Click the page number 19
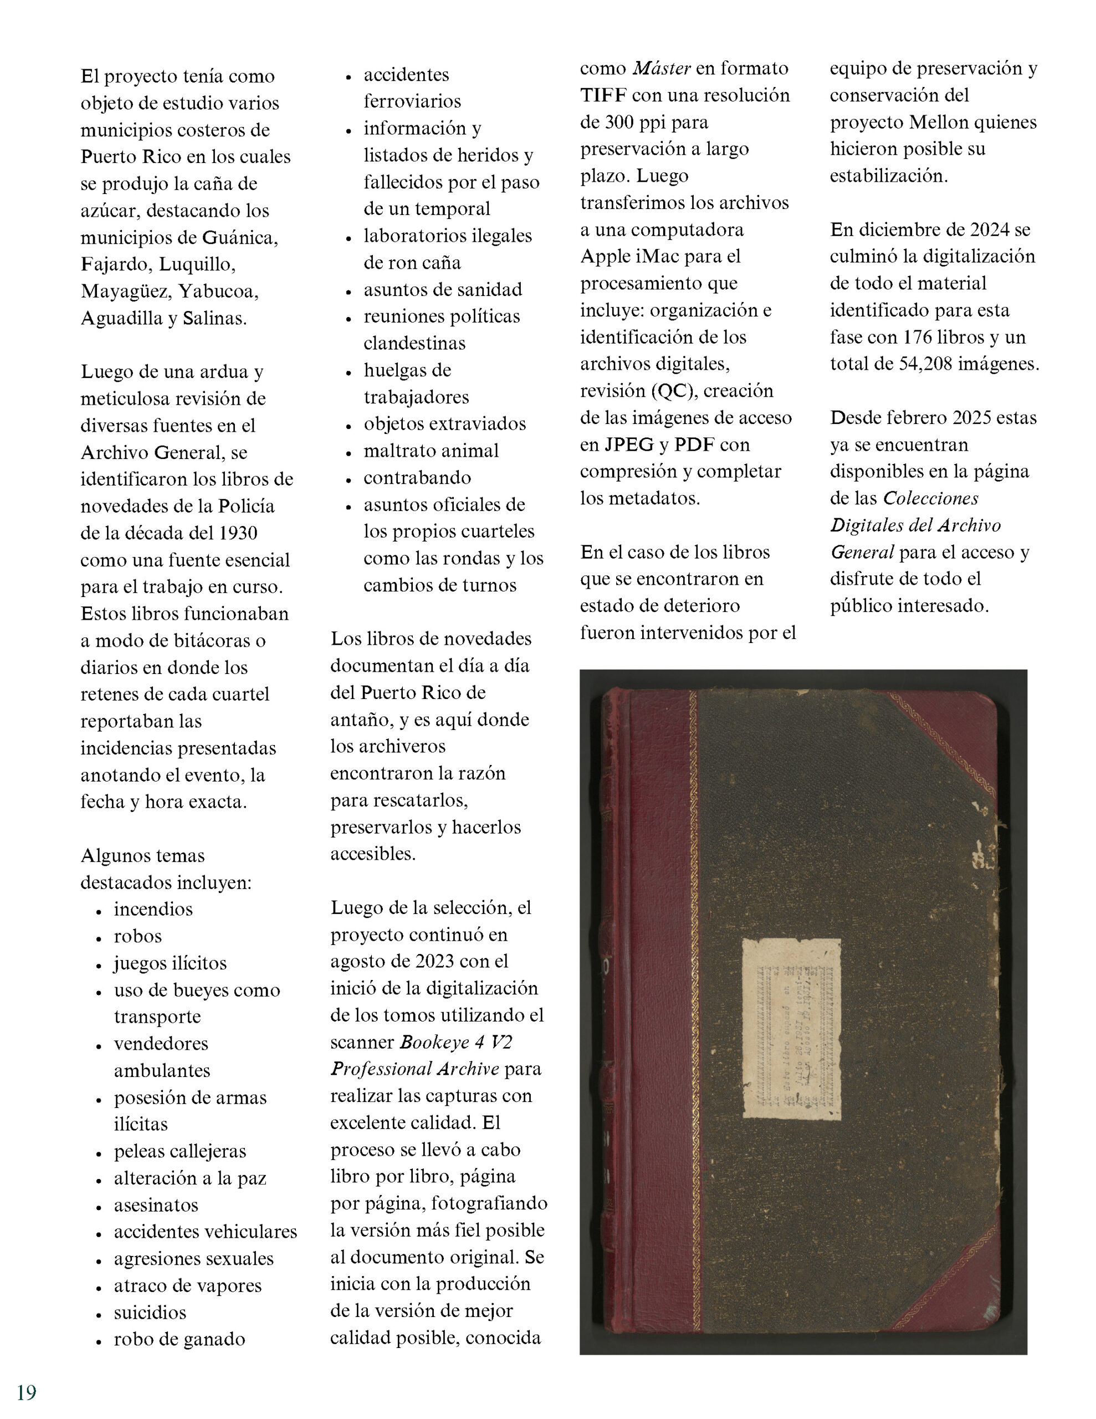coord(27,1392)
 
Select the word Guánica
coord(240,237)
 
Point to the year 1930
coord(238,533)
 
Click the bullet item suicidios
coord(150,1312)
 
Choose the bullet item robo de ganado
coord(180,1339)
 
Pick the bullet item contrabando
coord(417,478)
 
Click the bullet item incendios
coord(153,908)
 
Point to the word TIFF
coord(603,95)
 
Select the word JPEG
coord(629,445)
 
